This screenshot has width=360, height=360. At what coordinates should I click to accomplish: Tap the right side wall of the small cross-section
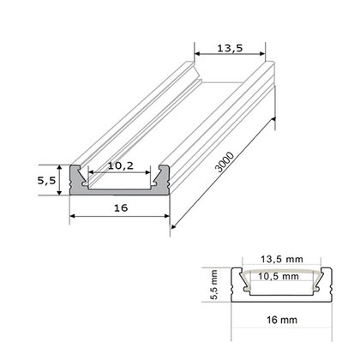pos(327,285)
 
